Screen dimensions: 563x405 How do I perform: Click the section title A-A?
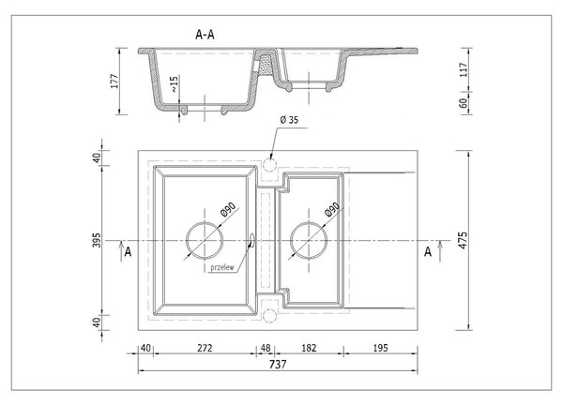pos(205,35)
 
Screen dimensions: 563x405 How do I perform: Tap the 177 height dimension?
pos(114,82)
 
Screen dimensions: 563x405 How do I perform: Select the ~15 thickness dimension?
pos(174,84)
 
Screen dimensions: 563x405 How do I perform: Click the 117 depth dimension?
pos(464,69)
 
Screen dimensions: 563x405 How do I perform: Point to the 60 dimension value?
pos(464,103)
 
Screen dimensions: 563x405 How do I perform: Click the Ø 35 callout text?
pos(289,120)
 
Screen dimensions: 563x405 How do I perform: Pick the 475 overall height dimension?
pos(464,240)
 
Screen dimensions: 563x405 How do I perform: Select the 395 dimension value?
pos(97,240)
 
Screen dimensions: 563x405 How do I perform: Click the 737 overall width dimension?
pos(278,365)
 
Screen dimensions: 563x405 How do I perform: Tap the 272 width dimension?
pos(205,348)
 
